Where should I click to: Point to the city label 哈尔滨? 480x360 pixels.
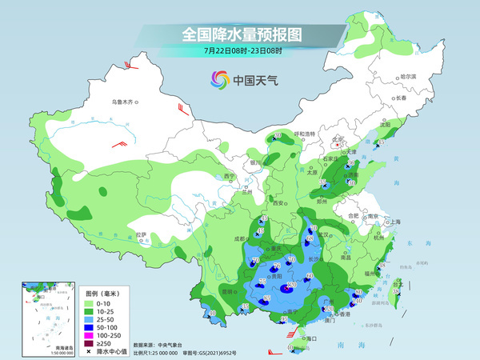(x=408, y=76)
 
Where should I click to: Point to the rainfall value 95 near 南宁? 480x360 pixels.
(x=283, y=319)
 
